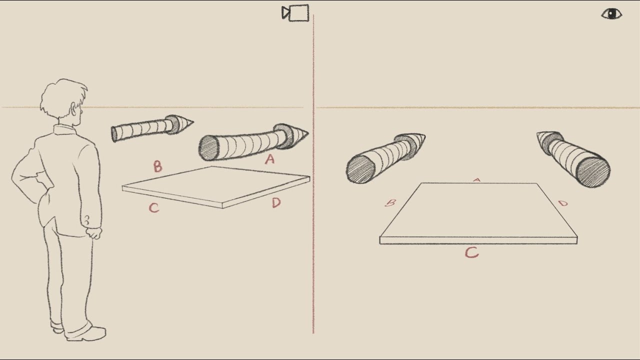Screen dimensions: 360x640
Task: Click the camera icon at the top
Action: (296, 13)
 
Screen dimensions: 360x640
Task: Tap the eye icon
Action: (611, 13)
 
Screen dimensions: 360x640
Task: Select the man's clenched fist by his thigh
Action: (93, 232)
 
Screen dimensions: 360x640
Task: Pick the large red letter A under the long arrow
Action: (270, 159)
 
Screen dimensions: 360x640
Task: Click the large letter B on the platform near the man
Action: (157, 166)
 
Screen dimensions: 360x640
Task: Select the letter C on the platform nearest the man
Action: (154, 207)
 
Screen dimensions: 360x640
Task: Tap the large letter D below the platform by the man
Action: (276, 203)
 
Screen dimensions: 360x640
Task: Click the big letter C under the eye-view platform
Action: (471, 252)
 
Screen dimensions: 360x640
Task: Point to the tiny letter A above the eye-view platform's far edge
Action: (477, 180)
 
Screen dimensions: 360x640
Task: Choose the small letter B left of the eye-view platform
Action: (391, 203)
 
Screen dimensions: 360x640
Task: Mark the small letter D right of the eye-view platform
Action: (563, 203)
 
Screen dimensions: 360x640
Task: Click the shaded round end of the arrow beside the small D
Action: (592, 172)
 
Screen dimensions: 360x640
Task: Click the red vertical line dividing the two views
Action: (313, 200)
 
